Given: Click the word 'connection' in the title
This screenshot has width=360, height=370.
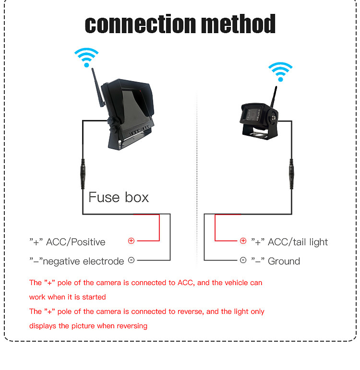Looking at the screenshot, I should pyautogui.click(x=140, y=24).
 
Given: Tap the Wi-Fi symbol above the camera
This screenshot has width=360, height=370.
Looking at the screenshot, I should pyautogui.click(x=280, y=72).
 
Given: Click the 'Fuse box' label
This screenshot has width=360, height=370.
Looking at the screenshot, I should pyautogui.click(x=119, y=197).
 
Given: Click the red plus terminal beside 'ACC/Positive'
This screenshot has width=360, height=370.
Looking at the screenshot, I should pyautogui.click(x=131, y=241).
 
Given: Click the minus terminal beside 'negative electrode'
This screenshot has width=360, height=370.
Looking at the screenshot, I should pyautogui.click(x=131, y=260).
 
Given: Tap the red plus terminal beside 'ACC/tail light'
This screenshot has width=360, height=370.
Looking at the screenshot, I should pyautogui.click(x=243, y=241).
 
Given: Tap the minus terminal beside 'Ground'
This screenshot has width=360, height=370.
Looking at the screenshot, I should pyautogui.click(x=243, y=260).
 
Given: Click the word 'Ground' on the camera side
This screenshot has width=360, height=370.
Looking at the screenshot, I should pyautogui.click(x=284, y=262).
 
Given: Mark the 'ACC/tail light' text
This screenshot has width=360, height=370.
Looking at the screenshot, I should pyautogui.click(x=298, y=242).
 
